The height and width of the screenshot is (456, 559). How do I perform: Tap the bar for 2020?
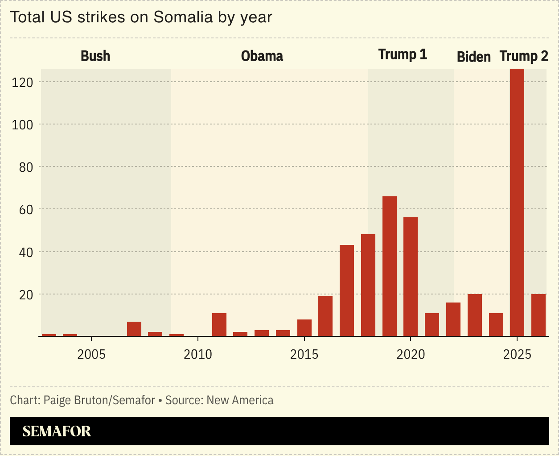pos(411,277)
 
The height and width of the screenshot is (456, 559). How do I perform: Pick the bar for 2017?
pos(347,290)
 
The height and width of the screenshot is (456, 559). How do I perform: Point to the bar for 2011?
pos(219,325)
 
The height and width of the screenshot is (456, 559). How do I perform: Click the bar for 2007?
pos(134,329)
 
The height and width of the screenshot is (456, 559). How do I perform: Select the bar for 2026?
pos(538,315)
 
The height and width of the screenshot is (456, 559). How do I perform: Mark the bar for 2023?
pos(475,315)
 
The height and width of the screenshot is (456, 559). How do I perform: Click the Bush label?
pos(95,56)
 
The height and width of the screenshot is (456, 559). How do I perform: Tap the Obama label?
pos(262,56)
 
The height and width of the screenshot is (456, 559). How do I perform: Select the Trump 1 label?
pos(403,54)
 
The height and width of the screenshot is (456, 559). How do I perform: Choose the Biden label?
pos(474,57)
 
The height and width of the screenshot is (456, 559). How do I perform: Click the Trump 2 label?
pos(524,56)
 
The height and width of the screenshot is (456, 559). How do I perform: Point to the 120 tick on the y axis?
pos(22,82)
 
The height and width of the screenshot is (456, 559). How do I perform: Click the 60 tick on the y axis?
pos(25,210)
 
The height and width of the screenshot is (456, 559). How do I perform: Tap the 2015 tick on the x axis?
pos(304,355)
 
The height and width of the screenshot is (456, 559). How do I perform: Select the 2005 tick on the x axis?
pos(91,355)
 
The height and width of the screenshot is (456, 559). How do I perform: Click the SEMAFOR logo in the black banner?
pos(57,431)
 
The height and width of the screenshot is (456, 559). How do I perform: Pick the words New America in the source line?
pos(240,400)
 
